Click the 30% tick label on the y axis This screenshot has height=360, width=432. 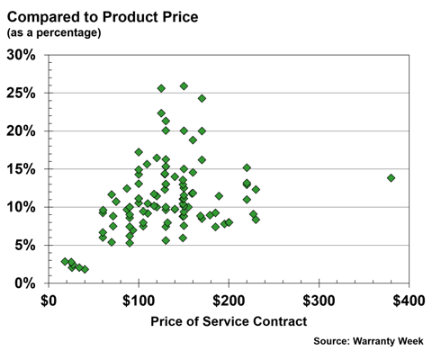point(20,55)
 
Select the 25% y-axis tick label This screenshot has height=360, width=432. point(20,93)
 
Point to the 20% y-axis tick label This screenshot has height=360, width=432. point(20,131)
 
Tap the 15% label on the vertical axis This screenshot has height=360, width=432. point(20,169)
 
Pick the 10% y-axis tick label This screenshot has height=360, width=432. point(20,207)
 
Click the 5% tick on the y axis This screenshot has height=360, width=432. point(23,246)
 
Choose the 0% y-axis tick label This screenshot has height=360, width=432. point(23,283)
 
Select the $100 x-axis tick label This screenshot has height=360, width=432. point(139,300)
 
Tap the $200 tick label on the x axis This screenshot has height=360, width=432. point(229,300)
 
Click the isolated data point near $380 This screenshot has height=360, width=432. point(391,178)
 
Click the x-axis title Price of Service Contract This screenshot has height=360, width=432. point(229,321)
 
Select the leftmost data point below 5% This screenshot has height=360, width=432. point(65,262)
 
